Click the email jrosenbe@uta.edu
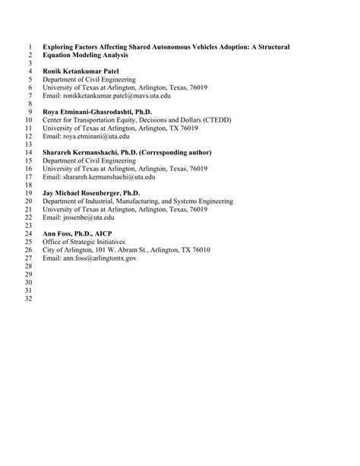coord(86,217)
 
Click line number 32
coord(30,300)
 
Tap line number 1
coord(31,47)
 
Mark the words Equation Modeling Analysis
coord(86,55)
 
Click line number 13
coord(30,144)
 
